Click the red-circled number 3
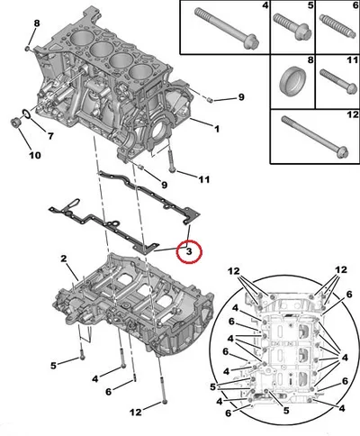coord(189,251)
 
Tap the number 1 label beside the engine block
coord(216,129)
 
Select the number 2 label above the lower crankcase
coord(63,259)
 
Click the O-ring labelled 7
coord(26,114)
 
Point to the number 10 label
coord(35,155)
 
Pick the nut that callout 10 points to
coord(14,123)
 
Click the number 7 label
coord(50,136)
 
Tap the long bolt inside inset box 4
coord(227,28)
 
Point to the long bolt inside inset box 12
coord(316,137)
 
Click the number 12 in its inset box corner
coord(352,114)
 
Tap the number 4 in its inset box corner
coord(265,5)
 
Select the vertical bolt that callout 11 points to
coord(170,161)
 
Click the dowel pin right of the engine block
coord(211,100)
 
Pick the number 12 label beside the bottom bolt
coord(136,412)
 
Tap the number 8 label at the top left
coord(36,23)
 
